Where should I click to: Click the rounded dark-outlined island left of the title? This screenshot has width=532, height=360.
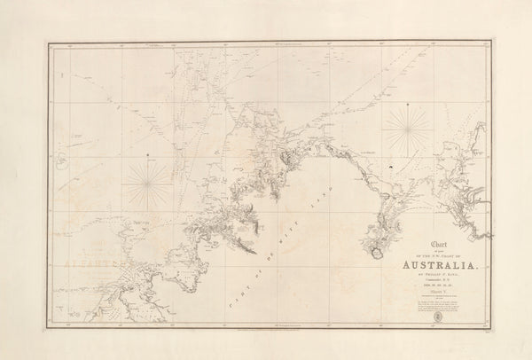click(378, 254)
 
